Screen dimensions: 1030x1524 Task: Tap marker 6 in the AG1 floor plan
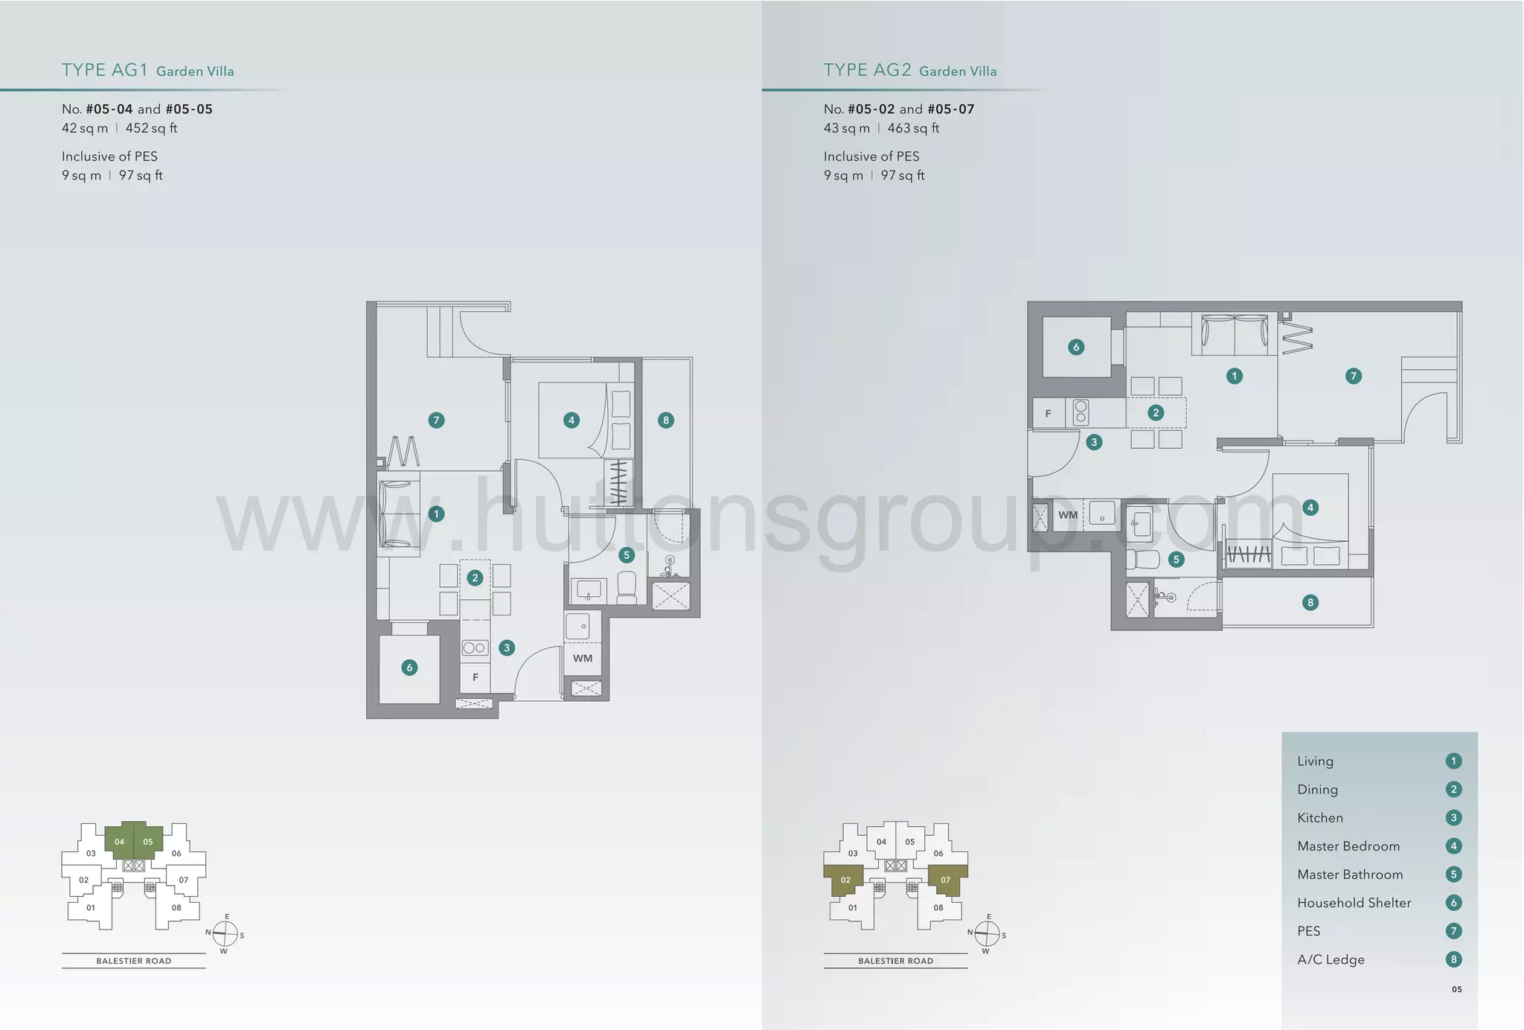coord(409,668)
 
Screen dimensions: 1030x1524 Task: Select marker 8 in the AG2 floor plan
coord(1310,602)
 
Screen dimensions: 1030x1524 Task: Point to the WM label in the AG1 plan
coord(583,658)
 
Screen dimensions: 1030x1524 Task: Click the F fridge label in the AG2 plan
coord(1048,414)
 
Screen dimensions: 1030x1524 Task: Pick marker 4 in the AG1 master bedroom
coord(571,420)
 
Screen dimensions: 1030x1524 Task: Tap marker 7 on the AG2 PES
coord(1354,376)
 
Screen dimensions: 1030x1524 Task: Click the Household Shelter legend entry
coord(1354,903)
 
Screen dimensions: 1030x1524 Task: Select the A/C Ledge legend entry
coord(1331,959)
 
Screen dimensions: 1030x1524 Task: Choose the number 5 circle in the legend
coord(1453,874)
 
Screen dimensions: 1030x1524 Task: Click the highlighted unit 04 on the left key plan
coord(119,842)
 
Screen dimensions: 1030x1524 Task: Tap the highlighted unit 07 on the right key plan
coord(945,880)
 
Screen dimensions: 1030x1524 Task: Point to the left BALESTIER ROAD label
coord(134,961)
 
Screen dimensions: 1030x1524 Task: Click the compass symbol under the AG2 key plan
coord(987,933)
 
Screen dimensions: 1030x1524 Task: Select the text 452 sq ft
coord(151,128)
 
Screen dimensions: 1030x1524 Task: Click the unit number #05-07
coord(950,109)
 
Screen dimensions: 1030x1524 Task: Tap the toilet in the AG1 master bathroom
coord(627,588)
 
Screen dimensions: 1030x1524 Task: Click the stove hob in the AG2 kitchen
coord(1080,412)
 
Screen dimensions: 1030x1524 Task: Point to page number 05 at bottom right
coord(1456,989)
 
